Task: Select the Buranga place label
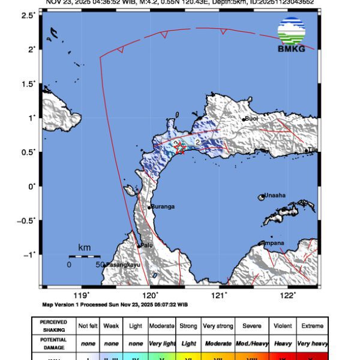click(163, 206)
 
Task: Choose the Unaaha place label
click(275, 196)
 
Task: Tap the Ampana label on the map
click(274, 243)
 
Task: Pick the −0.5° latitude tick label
click(26, 220)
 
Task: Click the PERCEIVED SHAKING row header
click(53, 325)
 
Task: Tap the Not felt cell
click(88, 326)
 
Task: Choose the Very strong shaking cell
click(218, 326)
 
